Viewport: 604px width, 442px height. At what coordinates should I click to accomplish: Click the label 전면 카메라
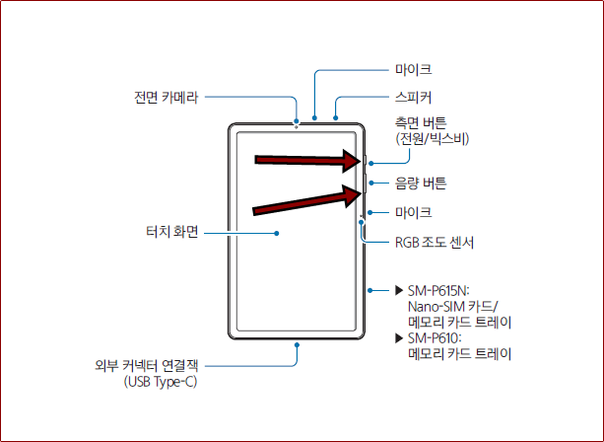point(166,98)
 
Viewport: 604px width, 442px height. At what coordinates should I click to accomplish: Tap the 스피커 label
point(413,98)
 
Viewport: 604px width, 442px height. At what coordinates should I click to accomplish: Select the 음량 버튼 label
point(420,184)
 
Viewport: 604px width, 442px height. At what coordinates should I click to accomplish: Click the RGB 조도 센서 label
point(436,241)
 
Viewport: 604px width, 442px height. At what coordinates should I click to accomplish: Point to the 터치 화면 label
point(172,233)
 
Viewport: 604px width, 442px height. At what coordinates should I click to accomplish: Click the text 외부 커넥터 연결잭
point(140,365)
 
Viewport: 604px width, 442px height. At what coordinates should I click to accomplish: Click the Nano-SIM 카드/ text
point(452,307)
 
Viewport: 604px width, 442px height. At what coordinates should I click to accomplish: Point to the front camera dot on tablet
point(296,126)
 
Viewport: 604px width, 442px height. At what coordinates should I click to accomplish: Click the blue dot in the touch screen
point(277,234)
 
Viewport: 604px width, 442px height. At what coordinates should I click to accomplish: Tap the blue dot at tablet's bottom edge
point(296,344)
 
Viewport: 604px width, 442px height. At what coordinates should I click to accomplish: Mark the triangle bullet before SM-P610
point(399,338)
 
